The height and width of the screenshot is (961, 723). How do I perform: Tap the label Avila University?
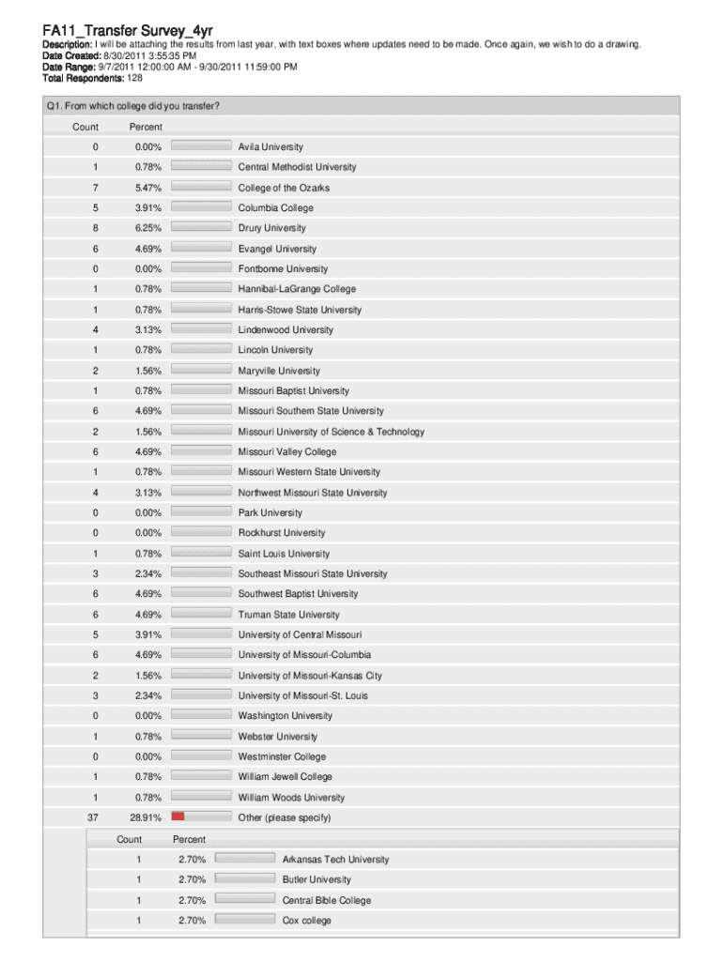point(270,147)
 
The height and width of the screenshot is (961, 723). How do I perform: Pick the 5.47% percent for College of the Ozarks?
point(147,188)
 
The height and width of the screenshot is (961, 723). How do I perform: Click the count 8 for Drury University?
point(95,228)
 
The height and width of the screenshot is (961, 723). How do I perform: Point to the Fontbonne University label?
point(283,269)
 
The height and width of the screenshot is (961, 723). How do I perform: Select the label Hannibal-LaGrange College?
point(297,289)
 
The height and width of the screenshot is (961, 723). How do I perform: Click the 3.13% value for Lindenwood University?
point(147,330)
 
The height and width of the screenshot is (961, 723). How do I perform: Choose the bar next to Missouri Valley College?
point(202,451)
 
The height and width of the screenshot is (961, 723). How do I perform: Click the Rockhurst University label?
point(281,533)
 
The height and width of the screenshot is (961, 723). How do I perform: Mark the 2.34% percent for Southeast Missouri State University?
point(147,573)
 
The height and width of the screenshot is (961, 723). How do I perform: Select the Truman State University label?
point(288,615)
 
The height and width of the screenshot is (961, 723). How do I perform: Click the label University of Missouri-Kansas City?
point(310,676)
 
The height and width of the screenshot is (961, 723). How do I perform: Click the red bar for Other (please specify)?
point(177,816)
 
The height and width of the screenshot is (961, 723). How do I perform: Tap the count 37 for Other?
point(92,817)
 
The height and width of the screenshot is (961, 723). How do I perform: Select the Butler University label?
point(316,879)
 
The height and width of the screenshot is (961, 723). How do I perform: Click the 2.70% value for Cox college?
point(192,921)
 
